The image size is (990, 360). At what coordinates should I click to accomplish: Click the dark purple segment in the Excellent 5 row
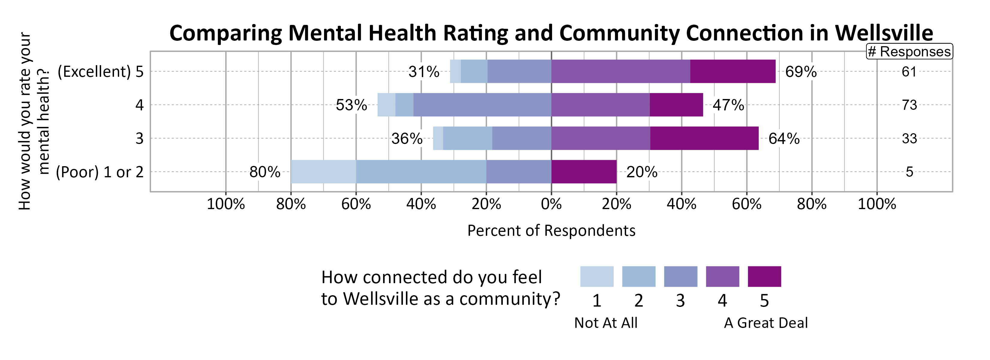click(733, 71)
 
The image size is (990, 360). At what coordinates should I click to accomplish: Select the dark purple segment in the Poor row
click(584, 172)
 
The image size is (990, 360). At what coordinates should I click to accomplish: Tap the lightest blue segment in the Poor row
click(323, 172)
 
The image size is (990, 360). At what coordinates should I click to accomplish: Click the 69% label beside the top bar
click(801, 72)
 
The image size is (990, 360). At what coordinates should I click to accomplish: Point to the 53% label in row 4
click(351, 105)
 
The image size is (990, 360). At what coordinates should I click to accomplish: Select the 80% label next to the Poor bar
click(265, 172)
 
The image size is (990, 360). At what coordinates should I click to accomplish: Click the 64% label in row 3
click(784, 139)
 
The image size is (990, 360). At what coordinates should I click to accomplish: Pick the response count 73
click(909, 105)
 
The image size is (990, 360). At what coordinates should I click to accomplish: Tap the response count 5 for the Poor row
click(909, 172)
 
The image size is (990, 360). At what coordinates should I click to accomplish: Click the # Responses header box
click(909, 52)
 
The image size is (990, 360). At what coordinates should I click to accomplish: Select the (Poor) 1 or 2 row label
click(100, 172)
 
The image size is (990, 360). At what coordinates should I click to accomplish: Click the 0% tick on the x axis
click(551, 204)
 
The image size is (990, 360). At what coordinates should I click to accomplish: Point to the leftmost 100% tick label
click(226, 204)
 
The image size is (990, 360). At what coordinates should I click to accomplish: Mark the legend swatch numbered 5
click(764, 277)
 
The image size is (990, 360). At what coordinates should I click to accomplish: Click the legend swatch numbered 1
click(596, 277)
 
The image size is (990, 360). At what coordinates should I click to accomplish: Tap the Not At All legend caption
click(606, 323)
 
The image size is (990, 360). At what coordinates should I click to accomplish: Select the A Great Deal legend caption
click(766, 323)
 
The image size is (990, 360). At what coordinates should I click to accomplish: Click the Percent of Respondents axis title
click(551, 230)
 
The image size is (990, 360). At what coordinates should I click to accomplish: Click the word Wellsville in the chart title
click(883, 33)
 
